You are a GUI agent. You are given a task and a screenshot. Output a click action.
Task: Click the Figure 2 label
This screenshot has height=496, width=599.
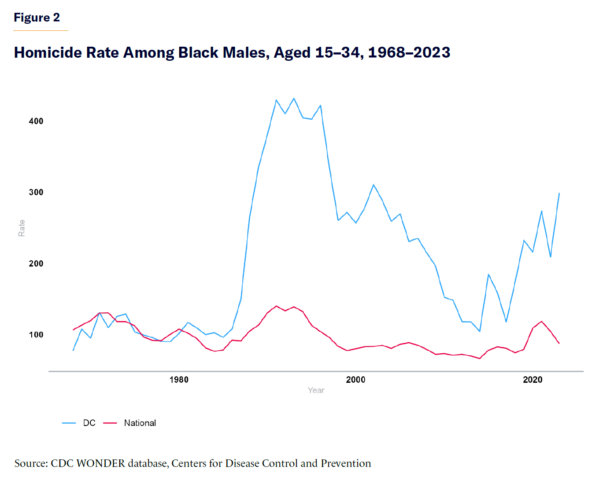coord(37,18)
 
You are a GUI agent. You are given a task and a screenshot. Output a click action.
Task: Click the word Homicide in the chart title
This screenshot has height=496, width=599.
coord(48,52)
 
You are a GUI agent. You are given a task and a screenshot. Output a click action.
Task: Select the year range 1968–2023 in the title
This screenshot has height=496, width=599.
coord(409,52)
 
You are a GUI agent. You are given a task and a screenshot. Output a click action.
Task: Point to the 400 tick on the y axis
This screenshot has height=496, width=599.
coord(36,121)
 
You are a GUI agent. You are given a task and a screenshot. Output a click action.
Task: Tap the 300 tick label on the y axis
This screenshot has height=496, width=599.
coord(36,192)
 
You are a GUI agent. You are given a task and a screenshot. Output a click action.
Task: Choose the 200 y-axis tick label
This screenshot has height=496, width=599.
coord(36,263)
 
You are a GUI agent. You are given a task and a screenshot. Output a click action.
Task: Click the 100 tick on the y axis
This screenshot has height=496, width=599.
coord(36,335)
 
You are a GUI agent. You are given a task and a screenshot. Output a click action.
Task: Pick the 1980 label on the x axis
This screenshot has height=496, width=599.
coord(179,380)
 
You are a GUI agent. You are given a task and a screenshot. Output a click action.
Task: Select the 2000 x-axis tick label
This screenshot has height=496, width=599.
coord(355,380)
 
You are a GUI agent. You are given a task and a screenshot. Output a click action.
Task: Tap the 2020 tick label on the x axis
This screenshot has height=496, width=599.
coord(532,380)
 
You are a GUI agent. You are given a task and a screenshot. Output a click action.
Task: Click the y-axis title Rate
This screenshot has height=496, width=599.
coord(22,228)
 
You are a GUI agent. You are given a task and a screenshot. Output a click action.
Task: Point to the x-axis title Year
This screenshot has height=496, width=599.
coord(316,390)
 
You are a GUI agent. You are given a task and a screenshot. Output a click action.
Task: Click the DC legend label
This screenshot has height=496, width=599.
coord(89,423)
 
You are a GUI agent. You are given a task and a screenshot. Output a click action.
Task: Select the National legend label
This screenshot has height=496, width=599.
coord(140,423)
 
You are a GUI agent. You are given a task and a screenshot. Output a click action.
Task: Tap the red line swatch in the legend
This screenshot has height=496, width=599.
coord(110,423)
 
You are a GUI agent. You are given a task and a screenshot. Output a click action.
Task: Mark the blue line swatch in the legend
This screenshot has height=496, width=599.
coord(69,423)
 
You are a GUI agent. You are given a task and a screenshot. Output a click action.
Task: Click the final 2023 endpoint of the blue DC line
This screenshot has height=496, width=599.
coord(559,193)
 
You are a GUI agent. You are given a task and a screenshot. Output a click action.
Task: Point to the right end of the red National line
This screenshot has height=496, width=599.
coord(559,343)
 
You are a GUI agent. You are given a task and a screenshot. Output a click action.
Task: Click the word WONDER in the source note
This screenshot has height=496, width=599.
coord(101,463)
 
